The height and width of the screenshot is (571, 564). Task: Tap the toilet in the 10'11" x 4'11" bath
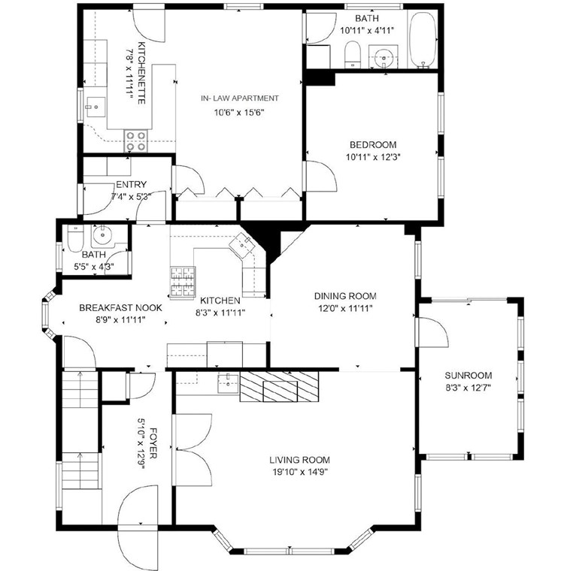point(352,53)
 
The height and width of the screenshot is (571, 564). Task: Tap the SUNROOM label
point(468,376)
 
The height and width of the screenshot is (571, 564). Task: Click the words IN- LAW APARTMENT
point(240,98)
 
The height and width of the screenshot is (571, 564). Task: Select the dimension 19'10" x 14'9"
point(300,473)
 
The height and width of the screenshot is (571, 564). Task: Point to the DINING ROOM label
point(345,296)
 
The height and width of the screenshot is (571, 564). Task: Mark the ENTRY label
point(132,185)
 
